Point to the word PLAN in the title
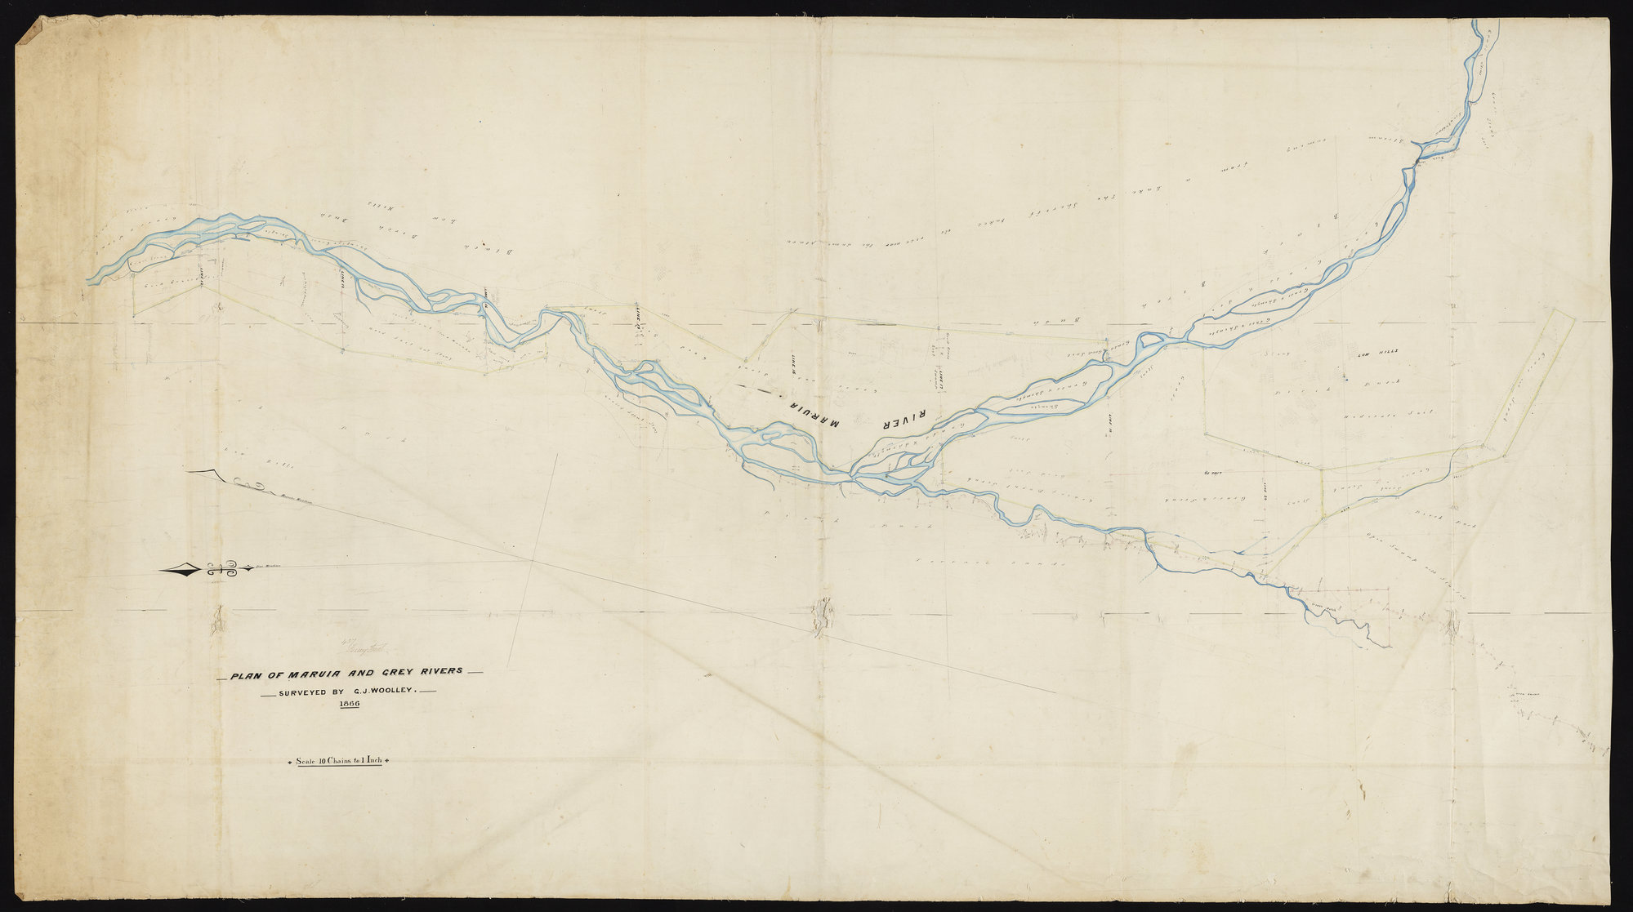click(246, 676)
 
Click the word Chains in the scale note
click(336, 760)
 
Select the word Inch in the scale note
click(374, 760)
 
